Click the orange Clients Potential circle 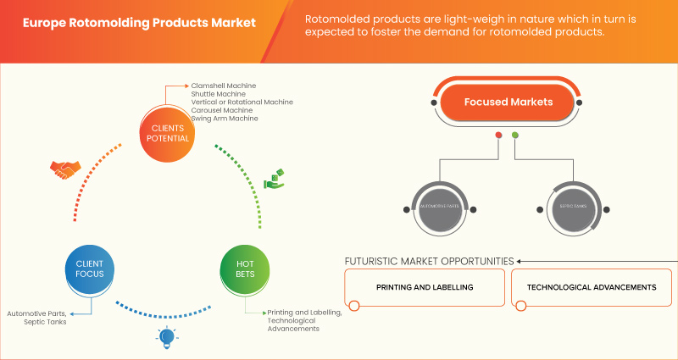[163, 133]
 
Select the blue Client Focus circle [89, 269]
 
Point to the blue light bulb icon [164, 338]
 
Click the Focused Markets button [508, 102]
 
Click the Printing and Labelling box [425, 288]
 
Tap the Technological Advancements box [591, 288]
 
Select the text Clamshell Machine [224, 86]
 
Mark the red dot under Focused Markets [498, 136]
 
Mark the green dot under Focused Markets [515, 136]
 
